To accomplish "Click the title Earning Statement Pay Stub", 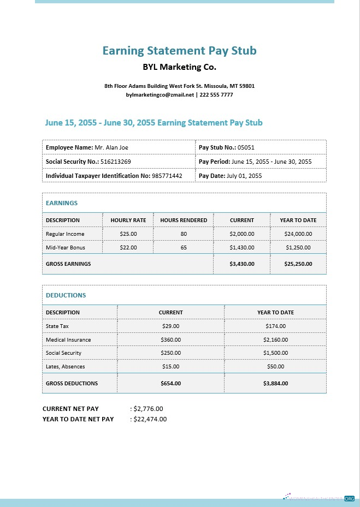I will [179, 51].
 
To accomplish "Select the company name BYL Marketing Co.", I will [179, 68].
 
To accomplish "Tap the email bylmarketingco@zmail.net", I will [160, 94].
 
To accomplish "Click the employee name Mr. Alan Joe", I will [111, 147].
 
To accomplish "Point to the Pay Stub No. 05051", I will [246, 147].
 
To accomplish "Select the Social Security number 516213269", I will [115, 162].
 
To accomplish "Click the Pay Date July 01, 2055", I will [244, 176].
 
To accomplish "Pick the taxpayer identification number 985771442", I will [167, 176].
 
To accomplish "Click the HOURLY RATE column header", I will [128, 220].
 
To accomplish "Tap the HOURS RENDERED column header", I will [184, 220].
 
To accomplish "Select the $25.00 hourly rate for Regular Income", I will [128, 234].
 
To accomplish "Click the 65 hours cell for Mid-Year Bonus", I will [184, 247].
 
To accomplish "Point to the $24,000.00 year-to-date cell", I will [298, 234].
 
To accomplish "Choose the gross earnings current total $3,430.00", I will [242, 264].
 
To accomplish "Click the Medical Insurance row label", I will [68, 339].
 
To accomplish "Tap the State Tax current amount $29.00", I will [170, 326].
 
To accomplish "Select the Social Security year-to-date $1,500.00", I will [275, 353].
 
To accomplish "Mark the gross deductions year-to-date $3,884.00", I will [275, 383].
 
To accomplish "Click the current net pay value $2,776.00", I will [148, 408].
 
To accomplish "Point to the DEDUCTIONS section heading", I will [66, 295].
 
